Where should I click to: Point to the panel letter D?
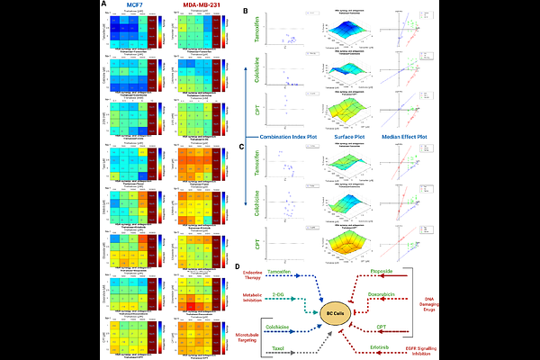coord(237,266)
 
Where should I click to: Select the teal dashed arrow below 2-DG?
coord(297,300)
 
